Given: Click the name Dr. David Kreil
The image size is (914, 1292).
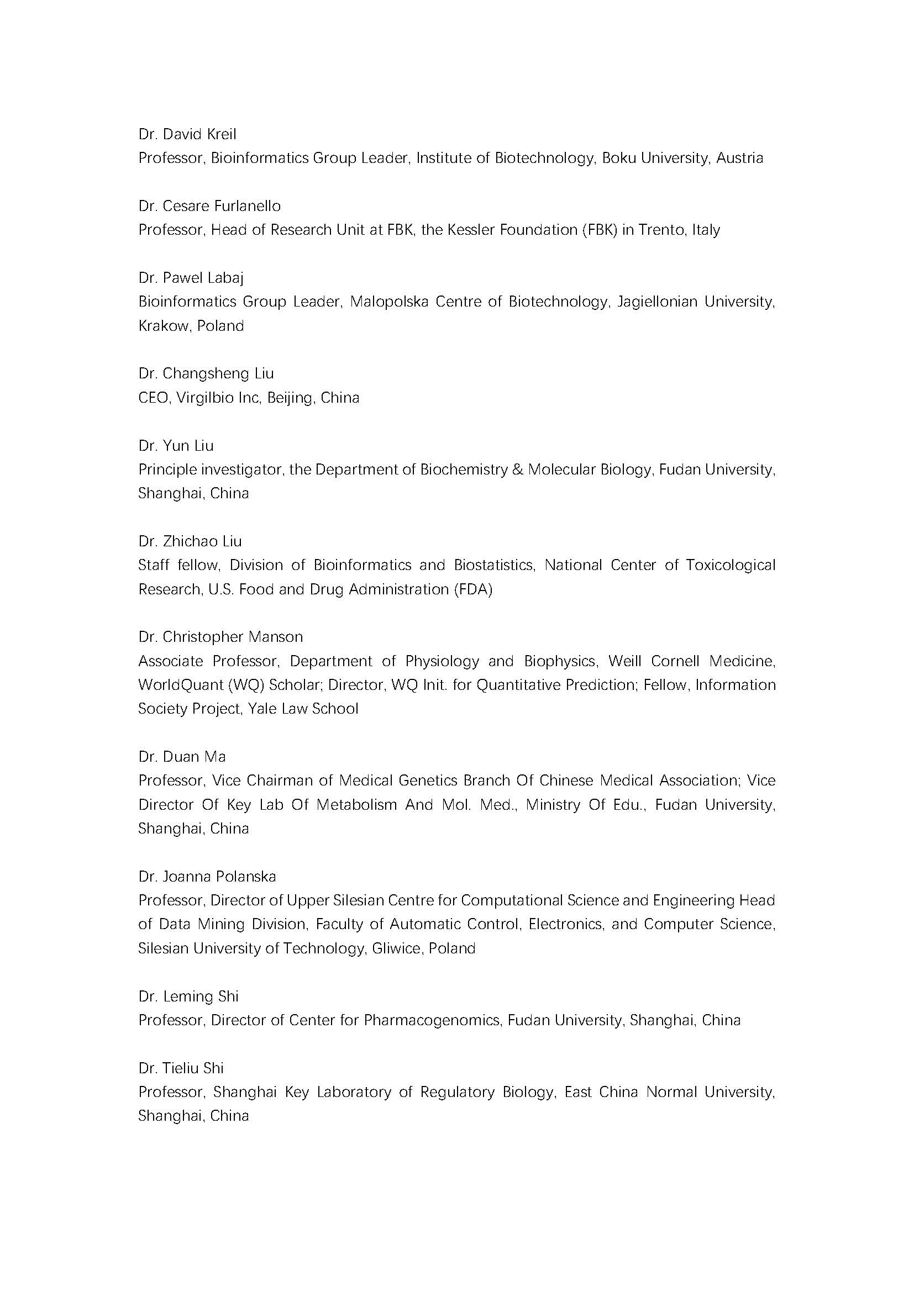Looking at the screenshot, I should pyautogui.click(x=187, y=134).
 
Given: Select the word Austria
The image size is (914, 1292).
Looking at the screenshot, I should pyautogui.click(x=739, y=158).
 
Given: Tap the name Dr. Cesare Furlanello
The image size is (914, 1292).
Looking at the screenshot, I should pyautogui.click(x=209, y=207).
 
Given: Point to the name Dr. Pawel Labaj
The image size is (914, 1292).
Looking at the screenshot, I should pyautogui.click(x=191, y=278).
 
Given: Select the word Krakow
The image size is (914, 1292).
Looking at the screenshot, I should pyautogui.click(x=163, y=326).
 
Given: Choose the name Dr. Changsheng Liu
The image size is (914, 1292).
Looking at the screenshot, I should pyautogui.click(x=206, y=373).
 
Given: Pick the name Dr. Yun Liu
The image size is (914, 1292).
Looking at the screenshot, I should pyautogui.click(x=176, y=446).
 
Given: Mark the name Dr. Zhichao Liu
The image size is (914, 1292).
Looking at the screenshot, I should pyautogui.click(x=190, y=541).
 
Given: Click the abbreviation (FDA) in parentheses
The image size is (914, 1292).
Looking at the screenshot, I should pyautogui.click(x=473, y=590).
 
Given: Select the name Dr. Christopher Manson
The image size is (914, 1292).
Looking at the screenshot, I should pyautogui.click(x=220, y=637).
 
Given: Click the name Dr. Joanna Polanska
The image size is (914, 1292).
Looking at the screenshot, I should pyautogui.click(x=207, y=877).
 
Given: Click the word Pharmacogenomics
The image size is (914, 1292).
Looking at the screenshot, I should pyautogui.click(x=432, y=1020).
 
